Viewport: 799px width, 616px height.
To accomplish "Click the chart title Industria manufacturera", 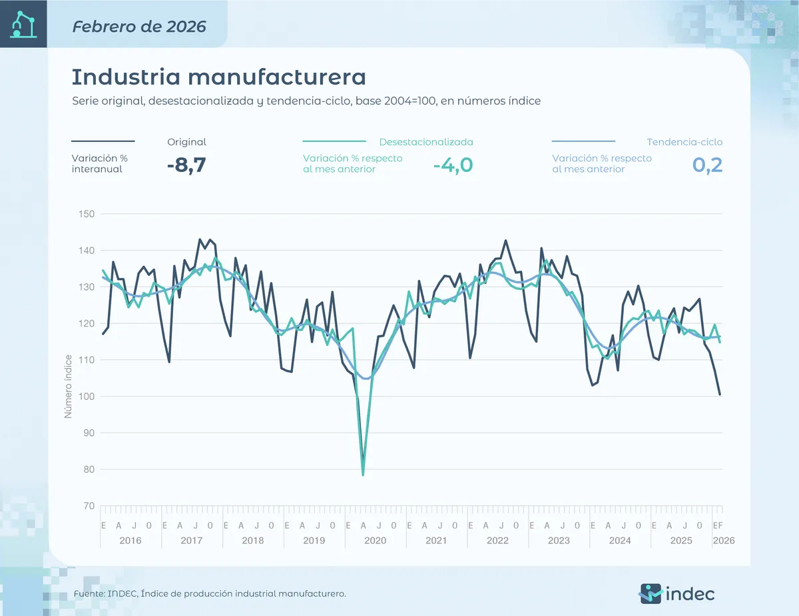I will coord(218,77).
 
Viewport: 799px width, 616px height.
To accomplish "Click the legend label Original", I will coord(186,142).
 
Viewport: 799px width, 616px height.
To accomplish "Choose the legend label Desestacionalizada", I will coord(426,142).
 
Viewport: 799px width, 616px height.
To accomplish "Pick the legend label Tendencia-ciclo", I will coord(684,142).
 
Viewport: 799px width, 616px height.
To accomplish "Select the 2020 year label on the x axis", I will coord(376,540).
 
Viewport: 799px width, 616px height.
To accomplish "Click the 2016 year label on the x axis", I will coord(131,540).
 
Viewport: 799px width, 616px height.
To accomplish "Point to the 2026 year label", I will coord(723,540).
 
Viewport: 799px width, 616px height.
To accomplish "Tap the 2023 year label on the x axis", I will coord(559,540).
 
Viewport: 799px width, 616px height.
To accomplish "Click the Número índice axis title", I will coord(67,387).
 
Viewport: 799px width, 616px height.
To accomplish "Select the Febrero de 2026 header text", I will coord(139,27).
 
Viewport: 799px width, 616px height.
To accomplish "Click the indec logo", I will coord(676,592).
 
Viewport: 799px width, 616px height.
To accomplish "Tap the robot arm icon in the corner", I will coord(23,24).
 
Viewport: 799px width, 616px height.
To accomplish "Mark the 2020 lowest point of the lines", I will coord(363,475).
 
